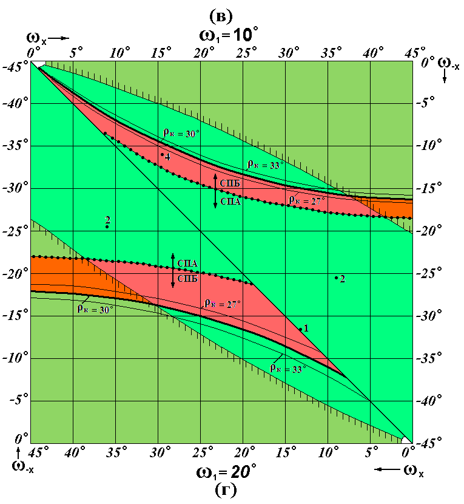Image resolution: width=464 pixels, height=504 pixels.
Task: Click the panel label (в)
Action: [x=221, y=16]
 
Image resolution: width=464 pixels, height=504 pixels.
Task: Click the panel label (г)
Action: [x=226, y=490]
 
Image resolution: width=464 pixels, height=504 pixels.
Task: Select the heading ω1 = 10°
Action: [x=228, y=35]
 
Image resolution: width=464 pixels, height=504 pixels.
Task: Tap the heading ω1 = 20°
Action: [x=226, y=472]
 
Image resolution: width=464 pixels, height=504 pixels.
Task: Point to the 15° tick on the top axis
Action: [x=161, y=53]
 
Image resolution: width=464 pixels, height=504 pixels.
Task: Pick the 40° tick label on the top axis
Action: [x=373, y=53]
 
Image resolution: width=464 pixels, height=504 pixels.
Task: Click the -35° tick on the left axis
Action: [x=15, y=146]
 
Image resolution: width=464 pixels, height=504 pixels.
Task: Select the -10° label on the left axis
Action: [x=15, y=358]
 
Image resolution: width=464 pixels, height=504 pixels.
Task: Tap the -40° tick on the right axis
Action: [x=429, y=400]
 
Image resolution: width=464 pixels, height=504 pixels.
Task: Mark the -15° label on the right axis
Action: [x=429, y=188]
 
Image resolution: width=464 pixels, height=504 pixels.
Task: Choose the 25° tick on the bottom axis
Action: [x=203, y=453]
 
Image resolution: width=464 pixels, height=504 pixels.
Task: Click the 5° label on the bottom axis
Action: [x=371, y=453]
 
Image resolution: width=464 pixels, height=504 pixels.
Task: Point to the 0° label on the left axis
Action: [x=22, y=438]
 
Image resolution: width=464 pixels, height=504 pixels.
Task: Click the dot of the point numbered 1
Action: [x=301, y=329]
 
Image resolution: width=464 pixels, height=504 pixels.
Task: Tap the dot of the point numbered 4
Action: [x=163, y=155]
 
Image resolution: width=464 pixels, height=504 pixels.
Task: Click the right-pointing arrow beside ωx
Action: [x=59, y=38]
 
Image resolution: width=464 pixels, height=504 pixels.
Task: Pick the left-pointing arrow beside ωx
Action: [x=387, y=469]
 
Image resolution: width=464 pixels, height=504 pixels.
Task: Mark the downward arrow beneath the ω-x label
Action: [x=445, y=77]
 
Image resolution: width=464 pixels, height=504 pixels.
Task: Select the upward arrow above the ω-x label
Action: [x=18, y=454]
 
